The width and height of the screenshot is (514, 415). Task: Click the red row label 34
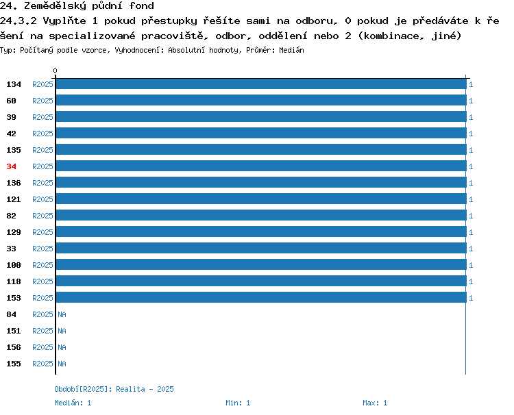[11, 166]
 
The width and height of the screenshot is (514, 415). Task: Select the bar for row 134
[261, 84]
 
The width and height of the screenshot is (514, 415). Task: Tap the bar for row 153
[261, 297]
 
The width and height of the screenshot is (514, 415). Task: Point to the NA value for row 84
[62, 314]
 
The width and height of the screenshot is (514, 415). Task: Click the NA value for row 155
[62, 364]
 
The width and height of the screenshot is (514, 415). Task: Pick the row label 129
[14, 232]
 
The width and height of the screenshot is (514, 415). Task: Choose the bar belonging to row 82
[261, 215]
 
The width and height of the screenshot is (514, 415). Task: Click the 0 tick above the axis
[55, 71]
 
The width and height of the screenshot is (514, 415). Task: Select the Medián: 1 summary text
[73, 403]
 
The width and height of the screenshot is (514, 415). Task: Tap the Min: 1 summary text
[238, 403]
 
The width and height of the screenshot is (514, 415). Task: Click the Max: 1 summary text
[375, 403]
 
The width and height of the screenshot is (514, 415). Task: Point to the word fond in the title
[142, 5]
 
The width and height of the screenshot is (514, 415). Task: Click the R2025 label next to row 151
[42, 331]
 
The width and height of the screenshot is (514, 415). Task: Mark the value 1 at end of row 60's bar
[471, 101]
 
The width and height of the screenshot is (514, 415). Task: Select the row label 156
[14, 347]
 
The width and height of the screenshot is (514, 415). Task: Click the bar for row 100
[261, 264]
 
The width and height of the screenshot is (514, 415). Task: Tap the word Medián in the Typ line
[291, 50]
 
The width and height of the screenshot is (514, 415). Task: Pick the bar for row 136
[261, 182]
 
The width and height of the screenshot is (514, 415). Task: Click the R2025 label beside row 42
[42, 134]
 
